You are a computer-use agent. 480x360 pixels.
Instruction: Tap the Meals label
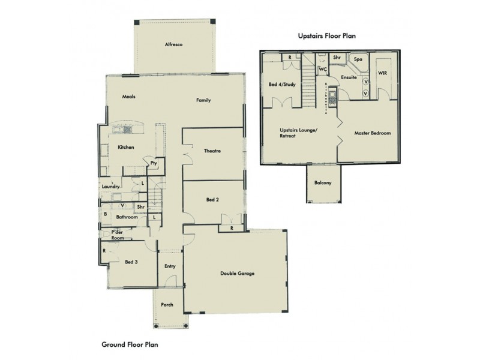(x=128, y=96)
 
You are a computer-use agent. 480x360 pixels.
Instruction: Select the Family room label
(x=203, y=100)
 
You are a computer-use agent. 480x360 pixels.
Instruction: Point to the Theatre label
(x=212, y=151)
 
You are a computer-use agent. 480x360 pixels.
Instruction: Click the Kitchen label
(x=125, y=147)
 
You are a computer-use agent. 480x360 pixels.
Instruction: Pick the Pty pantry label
(x=154, y=163)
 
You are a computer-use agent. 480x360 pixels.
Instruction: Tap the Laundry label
(x=112, y=186)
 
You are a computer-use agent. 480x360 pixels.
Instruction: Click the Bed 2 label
(x=213, y=199)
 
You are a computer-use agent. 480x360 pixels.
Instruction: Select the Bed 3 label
(x=131, y=262)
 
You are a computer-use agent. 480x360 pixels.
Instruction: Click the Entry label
(x=170, y=267)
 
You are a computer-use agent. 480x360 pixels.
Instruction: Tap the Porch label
(x=167, y=304)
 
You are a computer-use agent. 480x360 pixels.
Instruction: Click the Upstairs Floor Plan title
(x=327, y=36)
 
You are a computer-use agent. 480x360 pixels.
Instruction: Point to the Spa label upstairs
(x=358, y=60)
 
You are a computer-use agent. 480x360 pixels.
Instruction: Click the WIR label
(x=382, y=73)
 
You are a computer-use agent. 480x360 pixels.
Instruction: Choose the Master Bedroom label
(x=368, y=133)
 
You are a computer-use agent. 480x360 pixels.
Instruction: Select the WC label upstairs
(x=322, y=69)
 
